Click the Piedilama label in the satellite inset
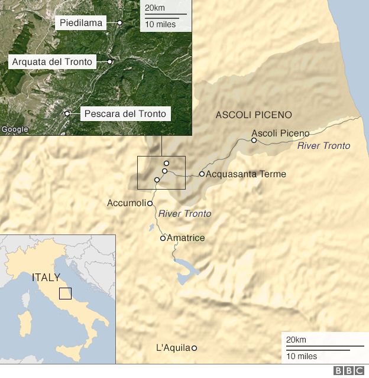82,23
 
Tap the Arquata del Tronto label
53,61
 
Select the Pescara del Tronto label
125,113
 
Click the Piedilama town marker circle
119,23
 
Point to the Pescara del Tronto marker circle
67,113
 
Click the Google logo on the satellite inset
15,129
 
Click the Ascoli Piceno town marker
254,141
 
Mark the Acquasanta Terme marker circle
202,174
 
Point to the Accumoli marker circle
150,203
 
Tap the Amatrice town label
186,238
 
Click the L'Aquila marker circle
194,348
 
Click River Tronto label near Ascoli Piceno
323,146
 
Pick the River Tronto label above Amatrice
184,214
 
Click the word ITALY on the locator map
46,277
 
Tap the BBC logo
349,371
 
